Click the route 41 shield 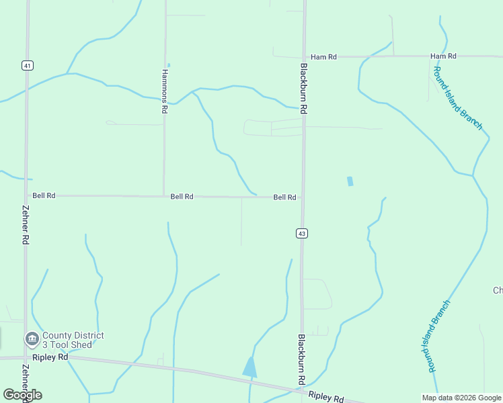tap(27, 65)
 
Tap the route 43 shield tap(302, 233)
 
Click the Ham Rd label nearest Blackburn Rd tap(323, 57)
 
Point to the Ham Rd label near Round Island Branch tap(443, 56)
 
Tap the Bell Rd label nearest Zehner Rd tap(44, 195)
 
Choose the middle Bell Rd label tap(182, 197)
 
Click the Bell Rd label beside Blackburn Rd tap(284, 197)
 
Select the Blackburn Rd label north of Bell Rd tap(304, 88)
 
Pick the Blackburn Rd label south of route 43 tap(301, 360)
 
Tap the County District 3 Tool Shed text tap(73, 340)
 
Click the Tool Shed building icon tap(32, 339)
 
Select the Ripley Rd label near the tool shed tap(53, 357)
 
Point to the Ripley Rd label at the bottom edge tap(326, 398)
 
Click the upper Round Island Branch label tap(458, 98)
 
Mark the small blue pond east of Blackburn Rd tap(350, 181)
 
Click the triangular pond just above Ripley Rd tap(250, 367)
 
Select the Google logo tap(23, 395)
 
